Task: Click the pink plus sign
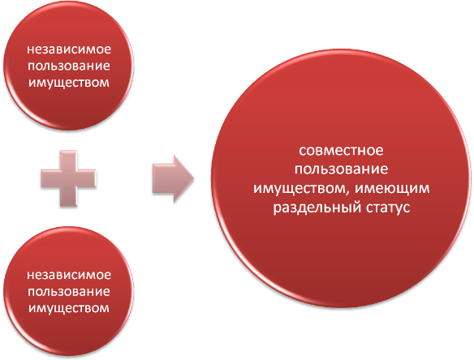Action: (69, 178)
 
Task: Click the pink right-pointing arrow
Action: (173, 178)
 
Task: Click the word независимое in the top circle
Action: (69, 49)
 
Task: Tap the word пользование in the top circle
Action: (69, 66)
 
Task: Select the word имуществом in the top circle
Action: (69, 83)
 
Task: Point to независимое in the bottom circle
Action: (69, 275)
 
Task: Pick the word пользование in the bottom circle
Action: (69, 291)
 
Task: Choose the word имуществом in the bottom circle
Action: (69, 308)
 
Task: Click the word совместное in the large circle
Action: (341, 150)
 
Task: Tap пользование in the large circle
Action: (341, 169)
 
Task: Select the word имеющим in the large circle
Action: (392, 188)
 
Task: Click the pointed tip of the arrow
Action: (194, 178)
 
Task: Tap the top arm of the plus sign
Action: (69, 160)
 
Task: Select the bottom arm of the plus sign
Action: (69, 197)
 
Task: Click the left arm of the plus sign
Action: (50, 178)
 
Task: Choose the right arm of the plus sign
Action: (87, 178)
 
